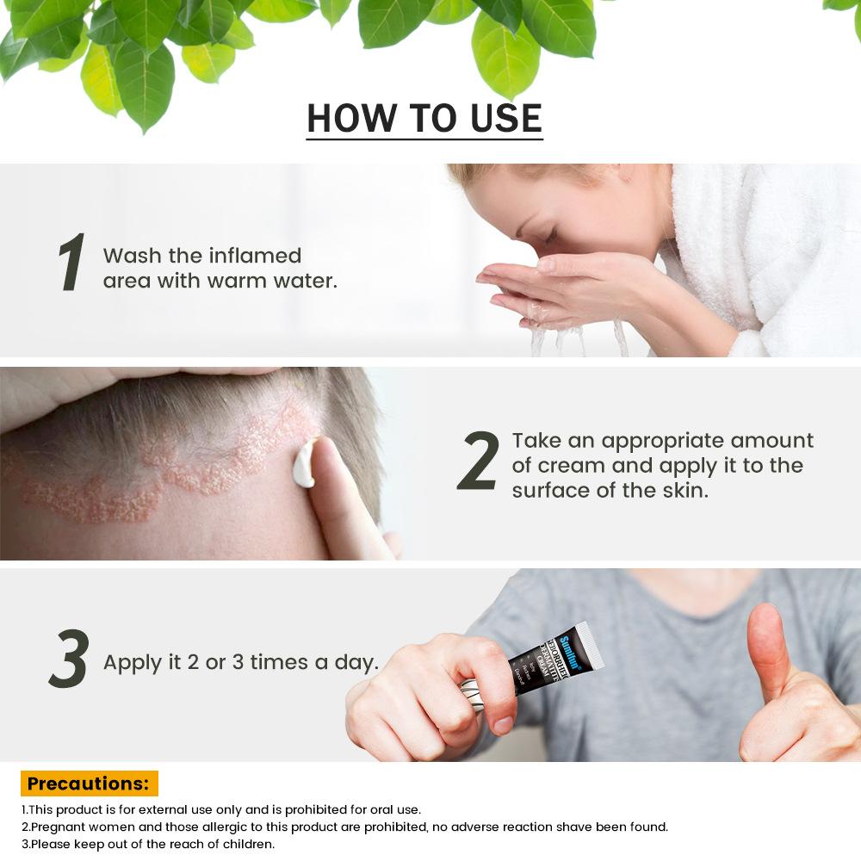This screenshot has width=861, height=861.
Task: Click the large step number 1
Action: [x=71, y=262]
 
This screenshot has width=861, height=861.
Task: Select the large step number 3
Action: [x=70, y=660]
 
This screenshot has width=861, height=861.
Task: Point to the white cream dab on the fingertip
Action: [x=303, y=465]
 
